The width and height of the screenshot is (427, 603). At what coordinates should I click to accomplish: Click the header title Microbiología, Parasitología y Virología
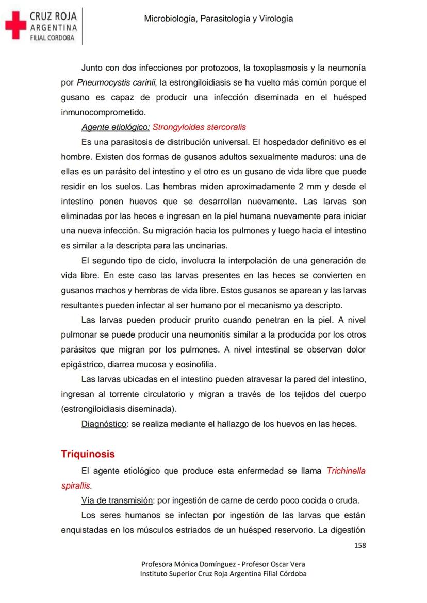[219, 19]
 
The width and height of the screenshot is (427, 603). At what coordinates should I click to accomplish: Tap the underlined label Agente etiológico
[116, 127]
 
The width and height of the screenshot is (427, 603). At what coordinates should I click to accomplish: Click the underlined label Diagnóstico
[104, 424]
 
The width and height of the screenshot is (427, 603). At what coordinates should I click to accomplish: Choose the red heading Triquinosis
[88, 454]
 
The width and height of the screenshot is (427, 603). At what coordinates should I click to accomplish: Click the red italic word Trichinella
[346, 471]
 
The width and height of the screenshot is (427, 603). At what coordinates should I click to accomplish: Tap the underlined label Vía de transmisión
[117, 500]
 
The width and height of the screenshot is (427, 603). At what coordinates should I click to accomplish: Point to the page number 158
[359, 545]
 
